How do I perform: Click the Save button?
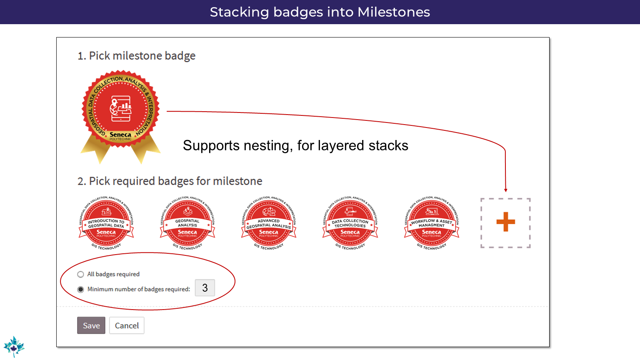[x=91, y=325]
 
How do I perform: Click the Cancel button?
[x=127, y=325]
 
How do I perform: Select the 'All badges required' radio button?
[x=80, y=274]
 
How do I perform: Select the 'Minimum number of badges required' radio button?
[x=80, y=289]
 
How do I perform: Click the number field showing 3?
[x=205, y=288]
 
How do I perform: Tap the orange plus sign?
[x=505, y=222]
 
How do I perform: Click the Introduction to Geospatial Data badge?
[x=106, y=223]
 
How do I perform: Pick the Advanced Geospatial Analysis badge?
[x=269, y=223]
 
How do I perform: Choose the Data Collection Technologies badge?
[x=350, y=223]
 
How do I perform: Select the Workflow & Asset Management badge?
[x=432, y=223]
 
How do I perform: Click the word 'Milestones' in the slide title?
[x=393, y=12]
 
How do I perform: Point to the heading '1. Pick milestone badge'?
[x=136, y=56]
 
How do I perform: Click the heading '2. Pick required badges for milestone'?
[x=170, y=181]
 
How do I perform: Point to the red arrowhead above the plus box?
[x=505, y=190]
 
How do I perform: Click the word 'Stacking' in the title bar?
[x=240, y=12]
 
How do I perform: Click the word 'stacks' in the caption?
[x=388, y=146]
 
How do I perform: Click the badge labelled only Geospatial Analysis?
[x=187, y=223]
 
